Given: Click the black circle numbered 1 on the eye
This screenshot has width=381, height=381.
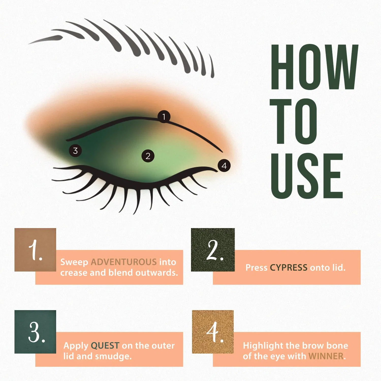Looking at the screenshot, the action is (x=164, y=117).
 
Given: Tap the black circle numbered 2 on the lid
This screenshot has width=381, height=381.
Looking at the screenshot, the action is (x=148, y=156).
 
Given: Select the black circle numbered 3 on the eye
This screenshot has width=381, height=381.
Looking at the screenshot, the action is (x=75, y=151).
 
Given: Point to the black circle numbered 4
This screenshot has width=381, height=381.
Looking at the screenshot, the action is (x=224, y=166).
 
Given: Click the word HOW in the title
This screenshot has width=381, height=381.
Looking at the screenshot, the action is (x=314, y=67).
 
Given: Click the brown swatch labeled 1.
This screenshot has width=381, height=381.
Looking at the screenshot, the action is (x=35, y=250).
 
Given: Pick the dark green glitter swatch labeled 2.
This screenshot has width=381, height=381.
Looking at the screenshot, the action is (x=213, y=250).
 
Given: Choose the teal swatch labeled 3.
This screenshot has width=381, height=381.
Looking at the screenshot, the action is (x=35, y=332).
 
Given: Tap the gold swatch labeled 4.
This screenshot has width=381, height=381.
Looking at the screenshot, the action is (x=213, y=332).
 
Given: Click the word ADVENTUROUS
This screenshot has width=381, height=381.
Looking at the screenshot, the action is (x=124, y=262).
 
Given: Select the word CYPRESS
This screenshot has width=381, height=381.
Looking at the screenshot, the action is (x=289, y=268).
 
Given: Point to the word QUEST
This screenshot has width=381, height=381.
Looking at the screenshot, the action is (x=105, y=345).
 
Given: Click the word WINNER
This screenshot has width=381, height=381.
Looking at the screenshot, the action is (x=326, y=356).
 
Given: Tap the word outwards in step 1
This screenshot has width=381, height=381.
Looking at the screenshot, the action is (x=156, y=273).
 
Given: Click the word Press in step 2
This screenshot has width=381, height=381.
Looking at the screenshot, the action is (x=256, y=268).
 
